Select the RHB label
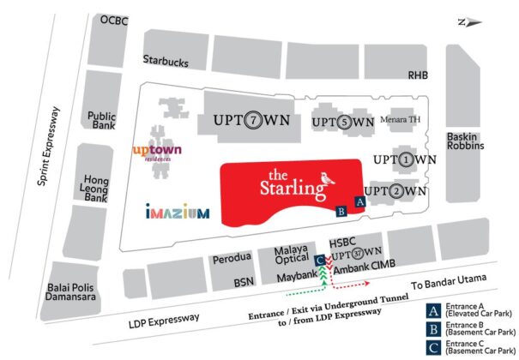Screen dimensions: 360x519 [x=417, y=75]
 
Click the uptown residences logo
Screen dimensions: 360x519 [x=157, y=153]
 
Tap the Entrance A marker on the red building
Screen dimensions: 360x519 [x=360, y=201]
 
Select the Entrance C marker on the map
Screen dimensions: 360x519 [x=319, y=260]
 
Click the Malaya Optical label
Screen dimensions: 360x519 [x=291, y=255]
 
